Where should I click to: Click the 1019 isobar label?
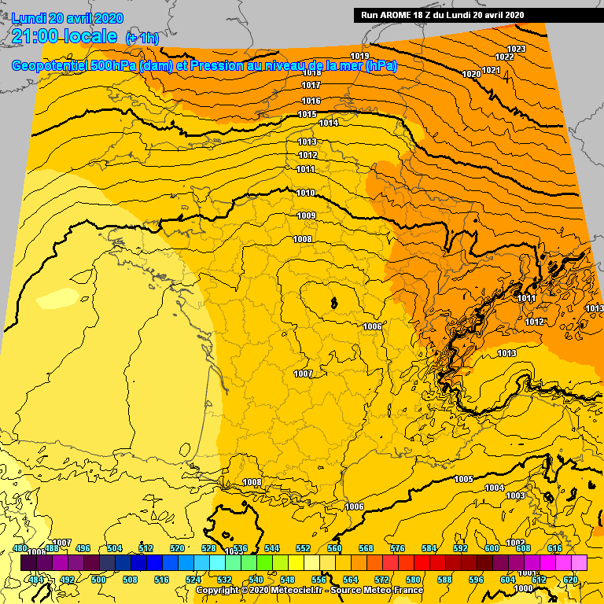click(x=360, y=56)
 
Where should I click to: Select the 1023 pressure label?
click(x=517, y=50)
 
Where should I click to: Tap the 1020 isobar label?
click(x=471, y=74)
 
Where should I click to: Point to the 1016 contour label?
click(x=311, y=101)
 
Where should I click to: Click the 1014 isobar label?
click(x=329, y=123)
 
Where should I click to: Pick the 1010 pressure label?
click(x=306, y=193)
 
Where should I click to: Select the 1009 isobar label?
click(x=306, y=215)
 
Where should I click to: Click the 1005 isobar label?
click(x=463, y=479)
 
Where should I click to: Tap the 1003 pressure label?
click(x=515, y=495)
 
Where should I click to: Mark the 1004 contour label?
click(x=494, y=488)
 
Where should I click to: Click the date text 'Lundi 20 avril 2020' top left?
click(x=68, y=18)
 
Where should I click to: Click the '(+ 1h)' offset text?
click(x=141, y=38)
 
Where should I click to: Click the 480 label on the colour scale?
click(x=20, y=548)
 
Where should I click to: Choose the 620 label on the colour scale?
click(x=570, y=580)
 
